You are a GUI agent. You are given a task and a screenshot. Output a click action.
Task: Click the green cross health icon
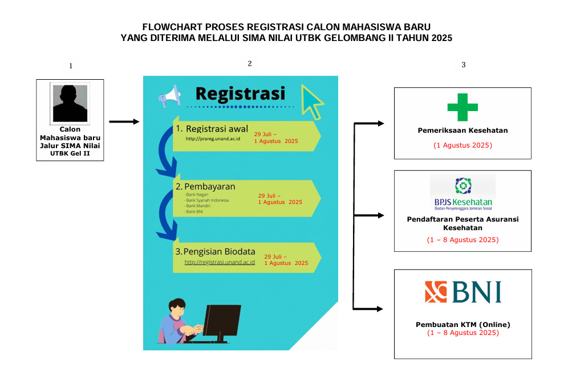(x=463, y=107)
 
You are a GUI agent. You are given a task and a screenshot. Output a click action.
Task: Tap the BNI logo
(x=463, y=292)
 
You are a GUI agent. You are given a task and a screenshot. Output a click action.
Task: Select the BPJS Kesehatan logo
(x=463, y=194)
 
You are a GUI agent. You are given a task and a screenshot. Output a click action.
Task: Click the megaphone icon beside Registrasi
(x=169, y=96)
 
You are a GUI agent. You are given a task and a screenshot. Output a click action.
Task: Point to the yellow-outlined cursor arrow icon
(x=312, y=102)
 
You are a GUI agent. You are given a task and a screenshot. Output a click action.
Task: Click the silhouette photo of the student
(x=70, y=104)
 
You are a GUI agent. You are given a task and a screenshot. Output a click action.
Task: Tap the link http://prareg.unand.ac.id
(x=213, y=139)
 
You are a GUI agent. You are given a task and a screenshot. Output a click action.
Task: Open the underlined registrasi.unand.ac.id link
(x=220, y=262)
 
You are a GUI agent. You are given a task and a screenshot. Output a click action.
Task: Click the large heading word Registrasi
(x=240, y=93)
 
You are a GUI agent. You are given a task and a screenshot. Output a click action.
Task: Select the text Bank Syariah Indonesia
(x=207, y=201)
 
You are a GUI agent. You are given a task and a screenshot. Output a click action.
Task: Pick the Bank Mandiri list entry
(x=198, y=206)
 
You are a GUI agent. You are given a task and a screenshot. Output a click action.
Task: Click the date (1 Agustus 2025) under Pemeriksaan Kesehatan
(x=463, y=145)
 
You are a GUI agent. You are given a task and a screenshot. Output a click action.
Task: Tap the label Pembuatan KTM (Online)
(x=463, y=325)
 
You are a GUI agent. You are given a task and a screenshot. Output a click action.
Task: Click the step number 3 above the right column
(x=464, y=65)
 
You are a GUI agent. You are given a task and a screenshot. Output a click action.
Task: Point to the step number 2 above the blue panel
(x=250, y=64)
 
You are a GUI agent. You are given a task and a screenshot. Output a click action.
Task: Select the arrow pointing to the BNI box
(x=368, y=309)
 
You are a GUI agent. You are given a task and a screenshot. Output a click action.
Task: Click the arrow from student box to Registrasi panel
(x=124, y=122)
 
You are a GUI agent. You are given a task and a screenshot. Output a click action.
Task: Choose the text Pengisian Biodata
(x=219, y=252)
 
